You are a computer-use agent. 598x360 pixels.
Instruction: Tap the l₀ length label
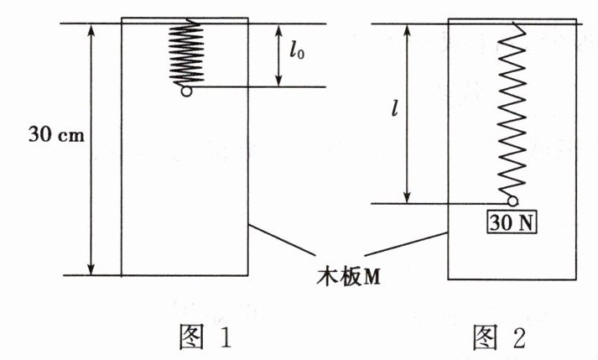tap(294, 52)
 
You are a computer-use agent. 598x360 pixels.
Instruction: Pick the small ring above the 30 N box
tap(512, 201)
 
